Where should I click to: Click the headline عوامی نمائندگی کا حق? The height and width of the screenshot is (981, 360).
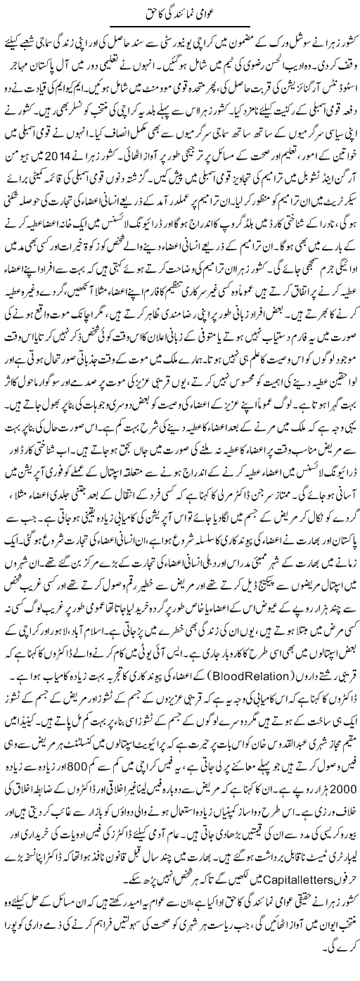point(180,12)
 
